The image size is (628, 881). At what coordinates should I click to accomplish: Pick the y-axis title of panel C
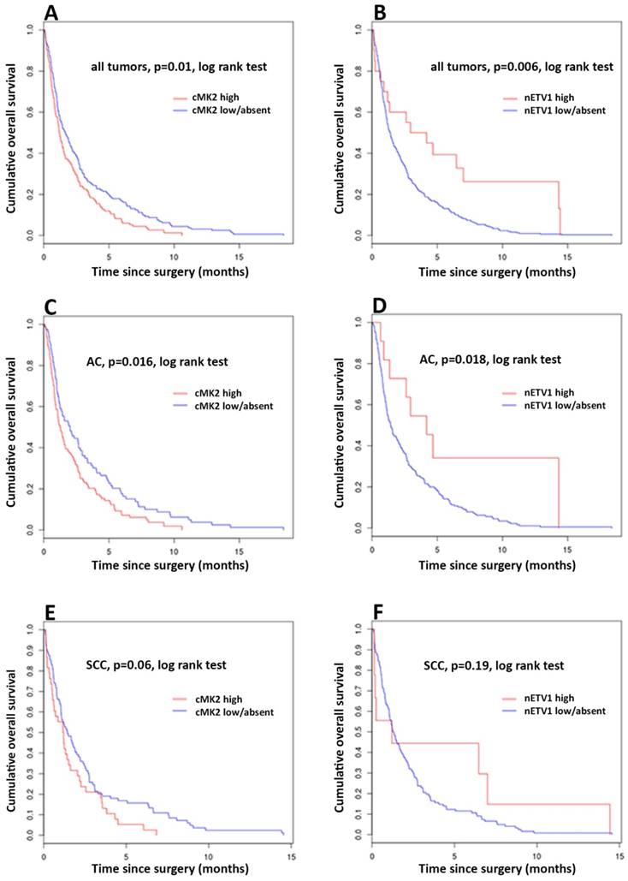(16, 426)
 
